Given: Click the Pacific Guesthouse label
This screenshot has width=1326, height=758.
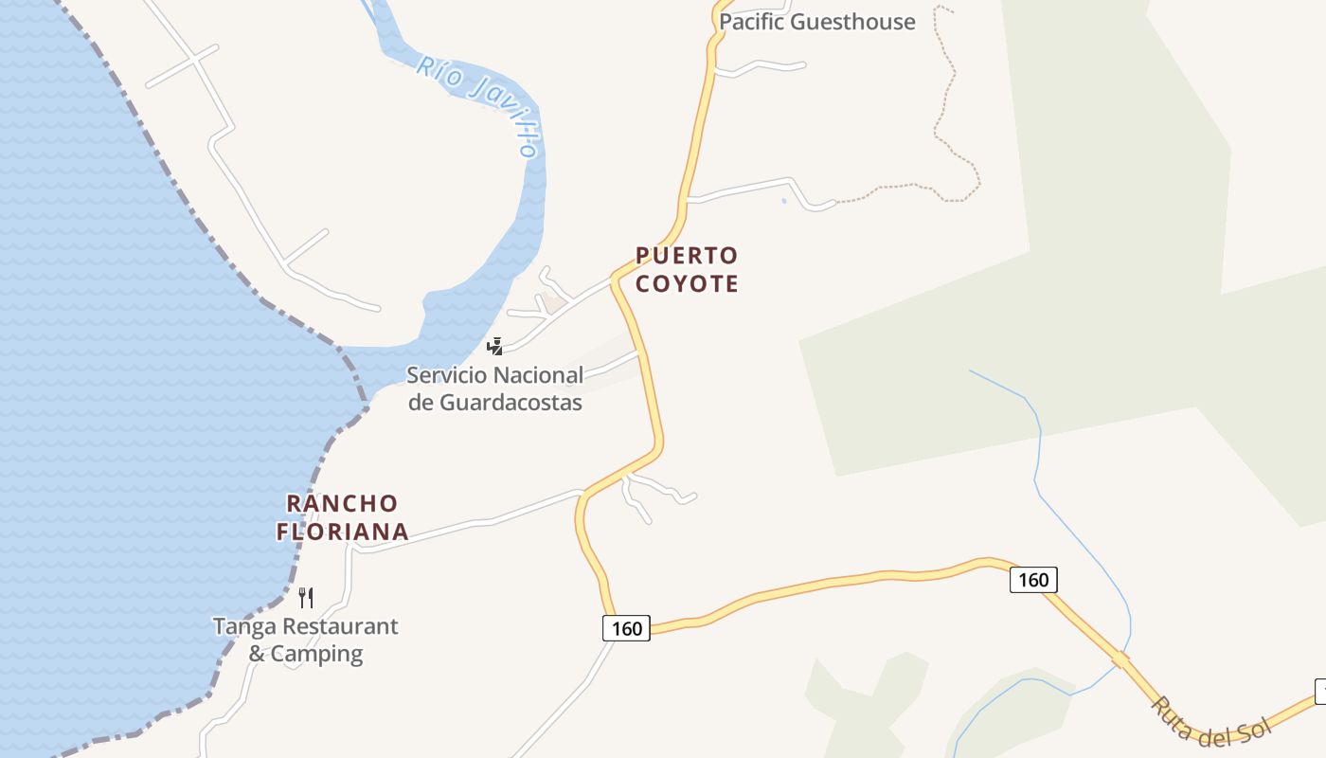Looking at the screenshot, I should pyautogui.click(x=816, y=22).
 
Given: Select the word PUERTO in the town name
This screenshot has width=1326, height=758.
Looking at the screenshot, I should pyautogui.click(x=686, y=256).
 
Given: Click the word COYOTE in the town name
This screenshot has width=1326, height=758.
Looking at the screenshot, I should pyautogui.click(x=686, y=284).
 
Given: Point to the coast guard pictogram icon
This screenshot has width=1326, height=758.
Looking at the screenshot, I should pyautogui.click(x=493, y=346).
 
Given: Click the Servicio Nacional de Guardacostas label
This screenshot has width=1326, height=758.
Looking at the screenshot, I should pyautogui.click(x=494, y=388).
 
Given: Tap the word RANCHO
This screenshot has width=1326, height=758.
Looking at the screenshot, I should pyautogui.click(x=342, y=503).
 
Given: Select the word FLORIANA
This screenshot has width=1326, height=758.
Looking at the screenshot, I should pyautogui.click(x=342, y=532).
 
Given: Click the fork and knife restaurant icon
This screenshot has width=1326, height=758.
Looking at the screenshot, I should pyautogui.click(x=305, y=597).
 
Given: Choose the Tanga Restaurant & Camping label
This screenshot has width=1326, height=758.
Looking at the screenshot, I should pyautogui.click(x=305, y=640).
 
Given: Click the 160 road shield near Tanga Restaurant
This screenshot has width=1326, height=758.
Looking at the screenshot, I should pyautogui.click(x=626, y=628).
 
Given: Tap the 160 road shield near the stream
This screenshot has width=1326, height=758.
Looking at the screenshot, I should pyautogui.click(x=1032, y=579).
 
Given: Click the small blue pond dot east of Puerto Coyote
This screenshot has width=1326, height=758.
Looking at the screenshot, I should pyautogui.click(x=784, y=201).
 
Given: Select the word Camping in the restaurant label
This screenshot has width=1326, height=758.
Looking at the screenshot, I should pyautogui.click(x=316, y=654).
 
